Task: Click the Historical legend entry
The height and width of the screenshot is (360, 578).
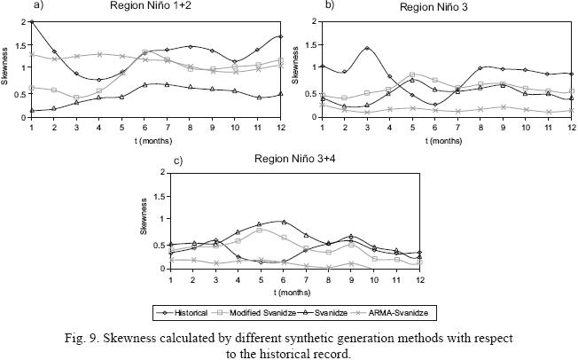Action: [x=196, y=313]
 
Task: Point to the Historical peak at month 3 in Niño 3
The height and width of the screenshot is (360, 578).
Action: [x=366, y=48]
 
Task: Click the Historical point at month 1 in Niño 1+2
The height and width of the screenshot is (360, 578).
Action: [x=32, y=20]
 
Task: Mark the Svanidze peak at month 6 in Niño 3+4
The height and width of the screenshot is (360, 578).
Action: [x=284, y=222]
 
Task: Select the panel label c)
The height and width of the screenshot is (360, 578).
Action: [x=154, y=160]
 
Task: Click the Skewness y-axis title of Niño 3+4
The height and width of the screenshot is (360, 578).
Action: [x=143, y=219]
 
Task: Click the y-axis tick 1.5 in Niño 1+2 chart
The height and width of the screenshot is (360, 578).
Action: [x=21, y=45]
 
